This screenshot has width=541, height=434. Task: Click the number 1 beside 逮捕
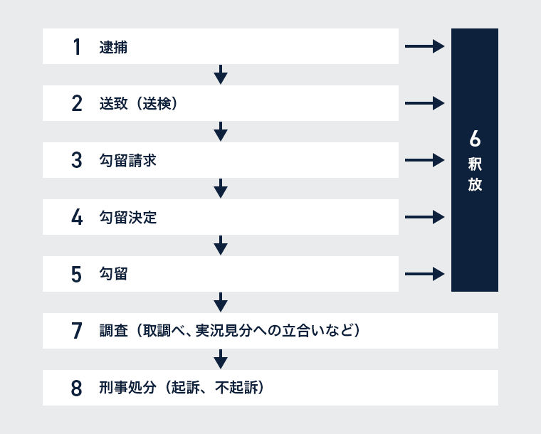pyautogui.click(x=77, y=46)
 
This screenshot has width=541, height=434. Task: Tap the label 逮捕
pyautogui.click(x=113, y=47)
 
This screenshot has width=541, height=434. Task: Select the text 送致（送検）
pyautogui.click(x=139, y=103)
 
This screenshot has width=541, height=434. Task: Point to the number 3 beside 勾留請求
pyautogui.click(x=77, y=160)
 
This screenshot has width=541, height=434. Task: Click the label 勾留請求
pyautogui.click(x=128, y=161)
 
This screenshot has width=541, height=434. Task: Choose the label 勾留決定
pyautogui.click(x=128, y=218)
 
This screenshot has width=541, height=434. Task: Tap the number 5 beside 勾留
pyautogui.click(x=77, y=275)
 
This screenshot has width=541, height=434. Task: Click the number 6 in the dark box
pyautogui.click(x=475, y=139)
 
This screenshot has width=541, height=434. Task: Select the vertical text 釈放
pyautogui.click(x=475, y=174)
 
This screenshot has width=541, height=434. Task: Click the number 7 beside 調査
pyautogui.click(x=77, y=331)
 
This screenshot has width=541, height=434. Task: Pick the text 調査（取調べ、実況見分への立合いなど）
pyautogui.click(x=230, y=331)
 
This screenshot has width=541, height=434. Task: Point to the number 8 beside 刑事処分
pyautogui.click(x=77, y=388)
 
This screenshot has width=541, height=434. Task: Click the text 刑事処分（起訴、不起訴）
pyautogui.click(x=182, y=388)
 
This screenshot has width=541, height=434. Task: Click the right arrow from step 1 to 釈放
pyautogui.click(x=425, y=46)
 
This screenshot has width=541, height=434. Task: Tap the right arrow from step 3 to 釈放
pyautogui.click(x=425, y=160)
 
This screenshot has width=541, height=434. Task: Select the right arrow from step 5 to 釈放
pyautogui.click(x=425, y=274)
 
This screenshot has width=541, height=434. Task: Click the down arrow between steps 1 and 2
pyautogui.click(x=221, y=75)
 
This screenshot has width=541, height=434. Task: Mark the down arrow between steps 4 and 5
pyautogui.click(x=221, y=245)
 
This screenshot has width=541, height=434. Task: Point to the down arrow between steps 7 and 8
pyautogui.click(x=221, y=359)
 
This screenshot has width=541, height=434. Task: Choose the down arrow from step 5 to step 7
pyautogui.click(x=221, y=302)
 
